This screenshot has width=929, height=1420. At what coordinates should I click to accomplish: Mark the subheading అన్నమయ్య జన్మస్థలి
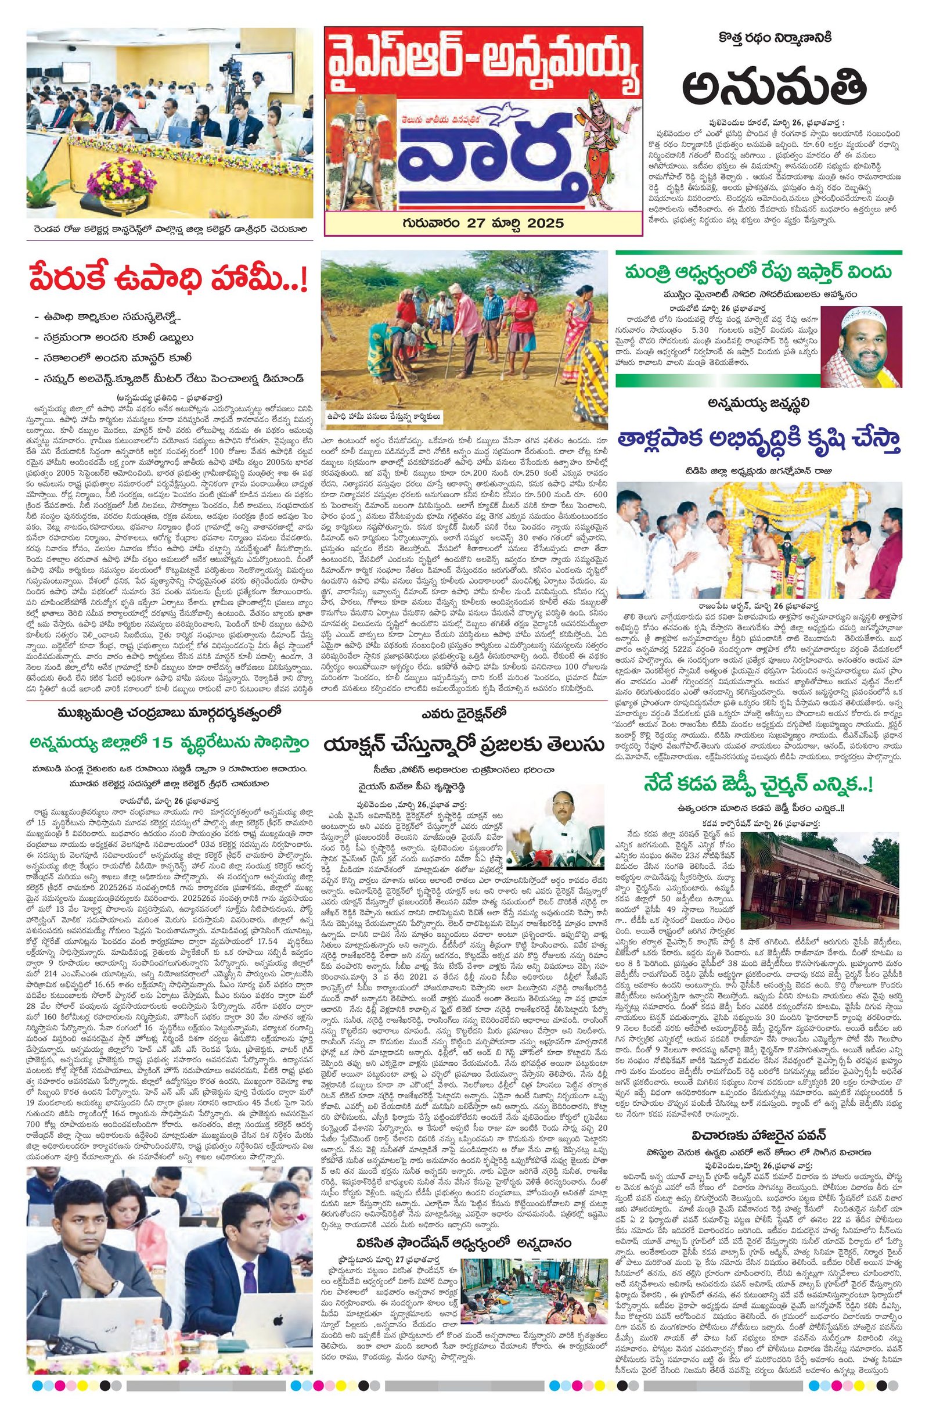758,403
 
